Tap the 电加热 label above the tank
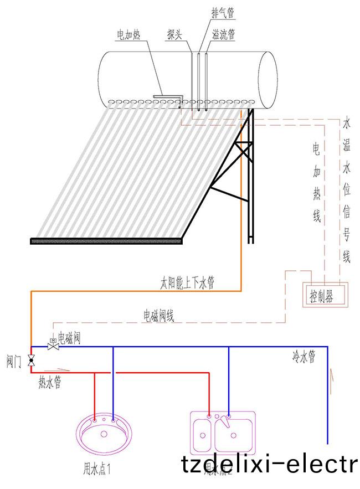[128, 35]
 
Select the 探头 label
[176, 34]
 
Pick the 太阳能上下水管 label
[187, 284]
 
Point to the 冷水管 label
[304, 357]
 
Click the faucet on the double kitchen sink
[226, 421]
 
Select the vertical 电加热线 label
[316, 183]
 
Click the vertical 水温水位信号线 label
[347, 188]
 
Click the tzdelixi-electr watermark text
[270, 464]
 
